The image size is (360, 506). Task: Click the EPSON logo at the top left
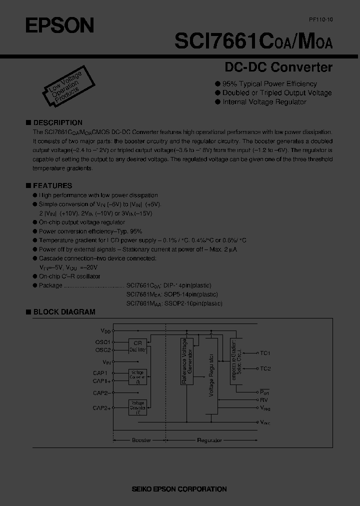pos(59,25)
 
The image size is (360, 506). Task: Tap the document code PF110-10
pos(320,18)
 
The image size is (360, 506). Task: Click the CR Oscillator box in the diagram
pos(137,346)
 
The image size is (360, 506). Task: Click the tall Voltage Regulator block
pos(211,375)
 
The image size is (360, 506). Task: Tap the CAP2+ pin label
pos(101,408)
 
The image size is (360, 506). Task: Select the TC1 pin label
pos(265,353)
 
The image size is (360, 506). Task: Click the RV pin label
pos(264,399)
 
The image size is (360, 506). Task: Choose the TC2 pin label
pos(265,368)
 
